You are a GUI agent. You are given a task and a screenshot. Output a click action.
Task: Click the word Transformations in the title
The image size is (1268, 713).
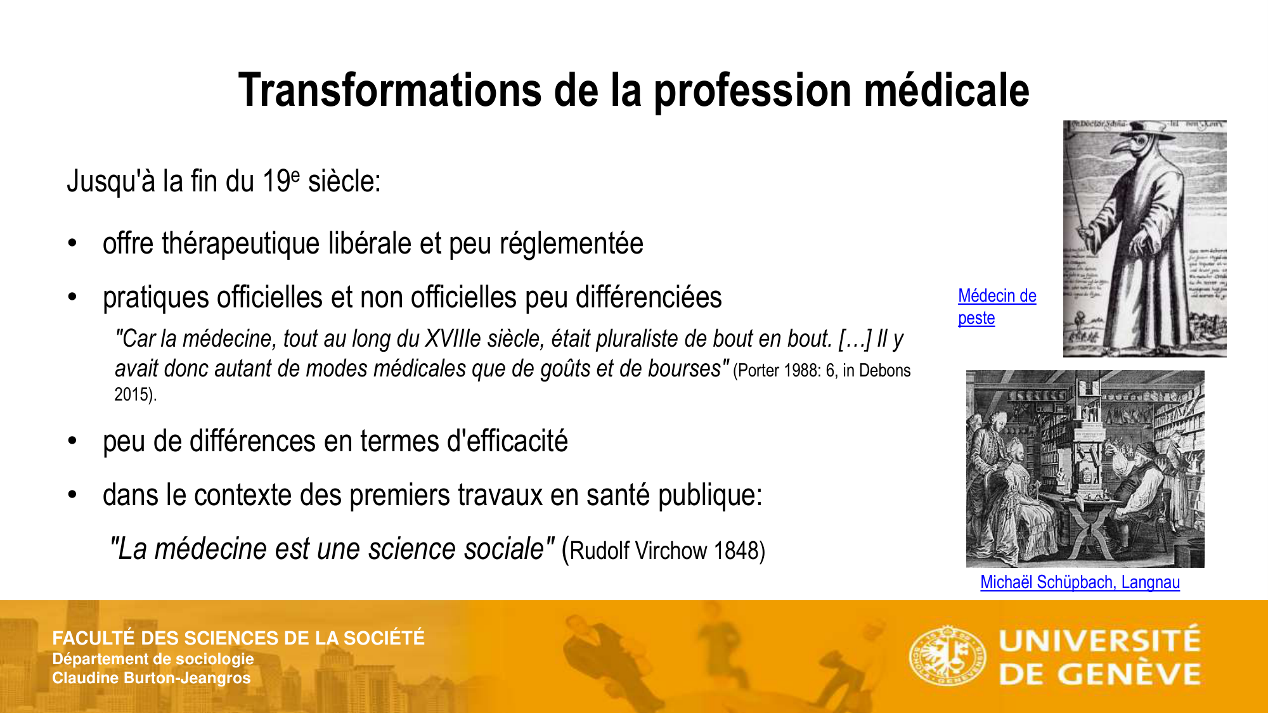[389, 90]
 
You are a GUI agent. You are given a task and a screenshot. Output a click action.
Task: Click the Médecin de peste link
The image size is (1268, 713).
[996, 307]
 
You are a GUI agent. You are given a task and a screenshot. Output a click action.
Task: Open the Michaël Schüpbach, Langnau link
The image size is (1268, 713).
[1080, 582]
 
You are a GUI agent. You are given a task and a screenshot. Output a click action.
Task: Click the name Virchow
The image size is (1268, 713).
[671, 551]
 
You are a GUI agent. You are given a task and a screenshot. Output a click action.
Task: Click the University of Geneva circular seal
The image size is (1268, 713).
[947, 656]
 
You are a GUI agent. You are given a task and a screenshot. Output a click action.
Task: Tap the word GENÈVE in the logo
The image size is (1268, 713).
[1129, 674]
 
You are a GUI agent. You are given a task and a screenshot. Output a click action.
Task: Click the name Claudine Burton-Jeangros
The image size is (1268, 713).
[151, 678]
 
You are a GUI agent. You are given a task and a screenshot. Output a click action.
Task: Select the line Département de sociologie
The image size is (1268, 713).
[153, 659]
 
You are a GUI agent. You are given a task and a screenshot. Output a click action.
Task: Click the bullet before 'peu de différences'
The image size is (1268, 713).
[73, 441]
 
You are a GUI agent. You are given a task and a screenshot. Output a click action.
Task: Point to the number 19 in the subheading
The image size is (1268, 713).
[276, 182]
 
